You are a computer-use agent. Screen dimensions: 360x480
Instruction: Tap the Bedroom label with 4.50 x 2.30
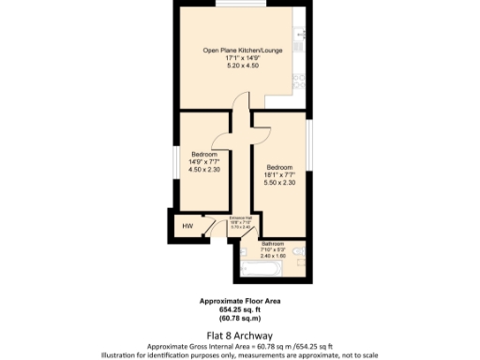pyautogui.click(x=204, y=154)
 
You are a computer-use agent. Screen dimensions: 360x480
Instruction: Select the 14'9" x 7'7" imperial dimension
pyautogui.click(x=204, y=162)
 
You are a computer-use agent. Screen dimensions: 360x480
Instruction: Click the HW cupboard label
pyautogui.click(x=187, y=226)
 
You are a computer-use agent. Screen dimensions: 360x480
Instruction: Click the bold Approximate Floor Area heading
pyautogui.click(x=239, y=301)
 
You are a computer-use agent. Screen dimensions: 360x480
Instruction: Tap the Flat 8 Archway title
pyautogui.click(x=239, y=333)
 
